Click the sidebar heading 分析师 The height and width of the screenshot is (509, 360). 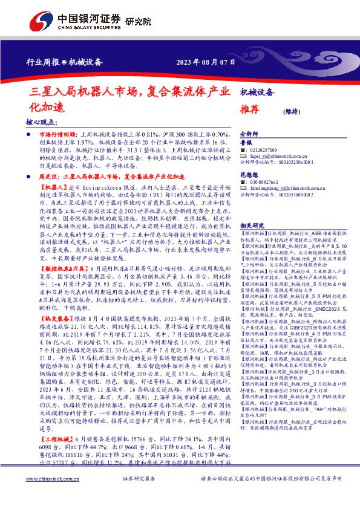(x=250, y=134)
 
